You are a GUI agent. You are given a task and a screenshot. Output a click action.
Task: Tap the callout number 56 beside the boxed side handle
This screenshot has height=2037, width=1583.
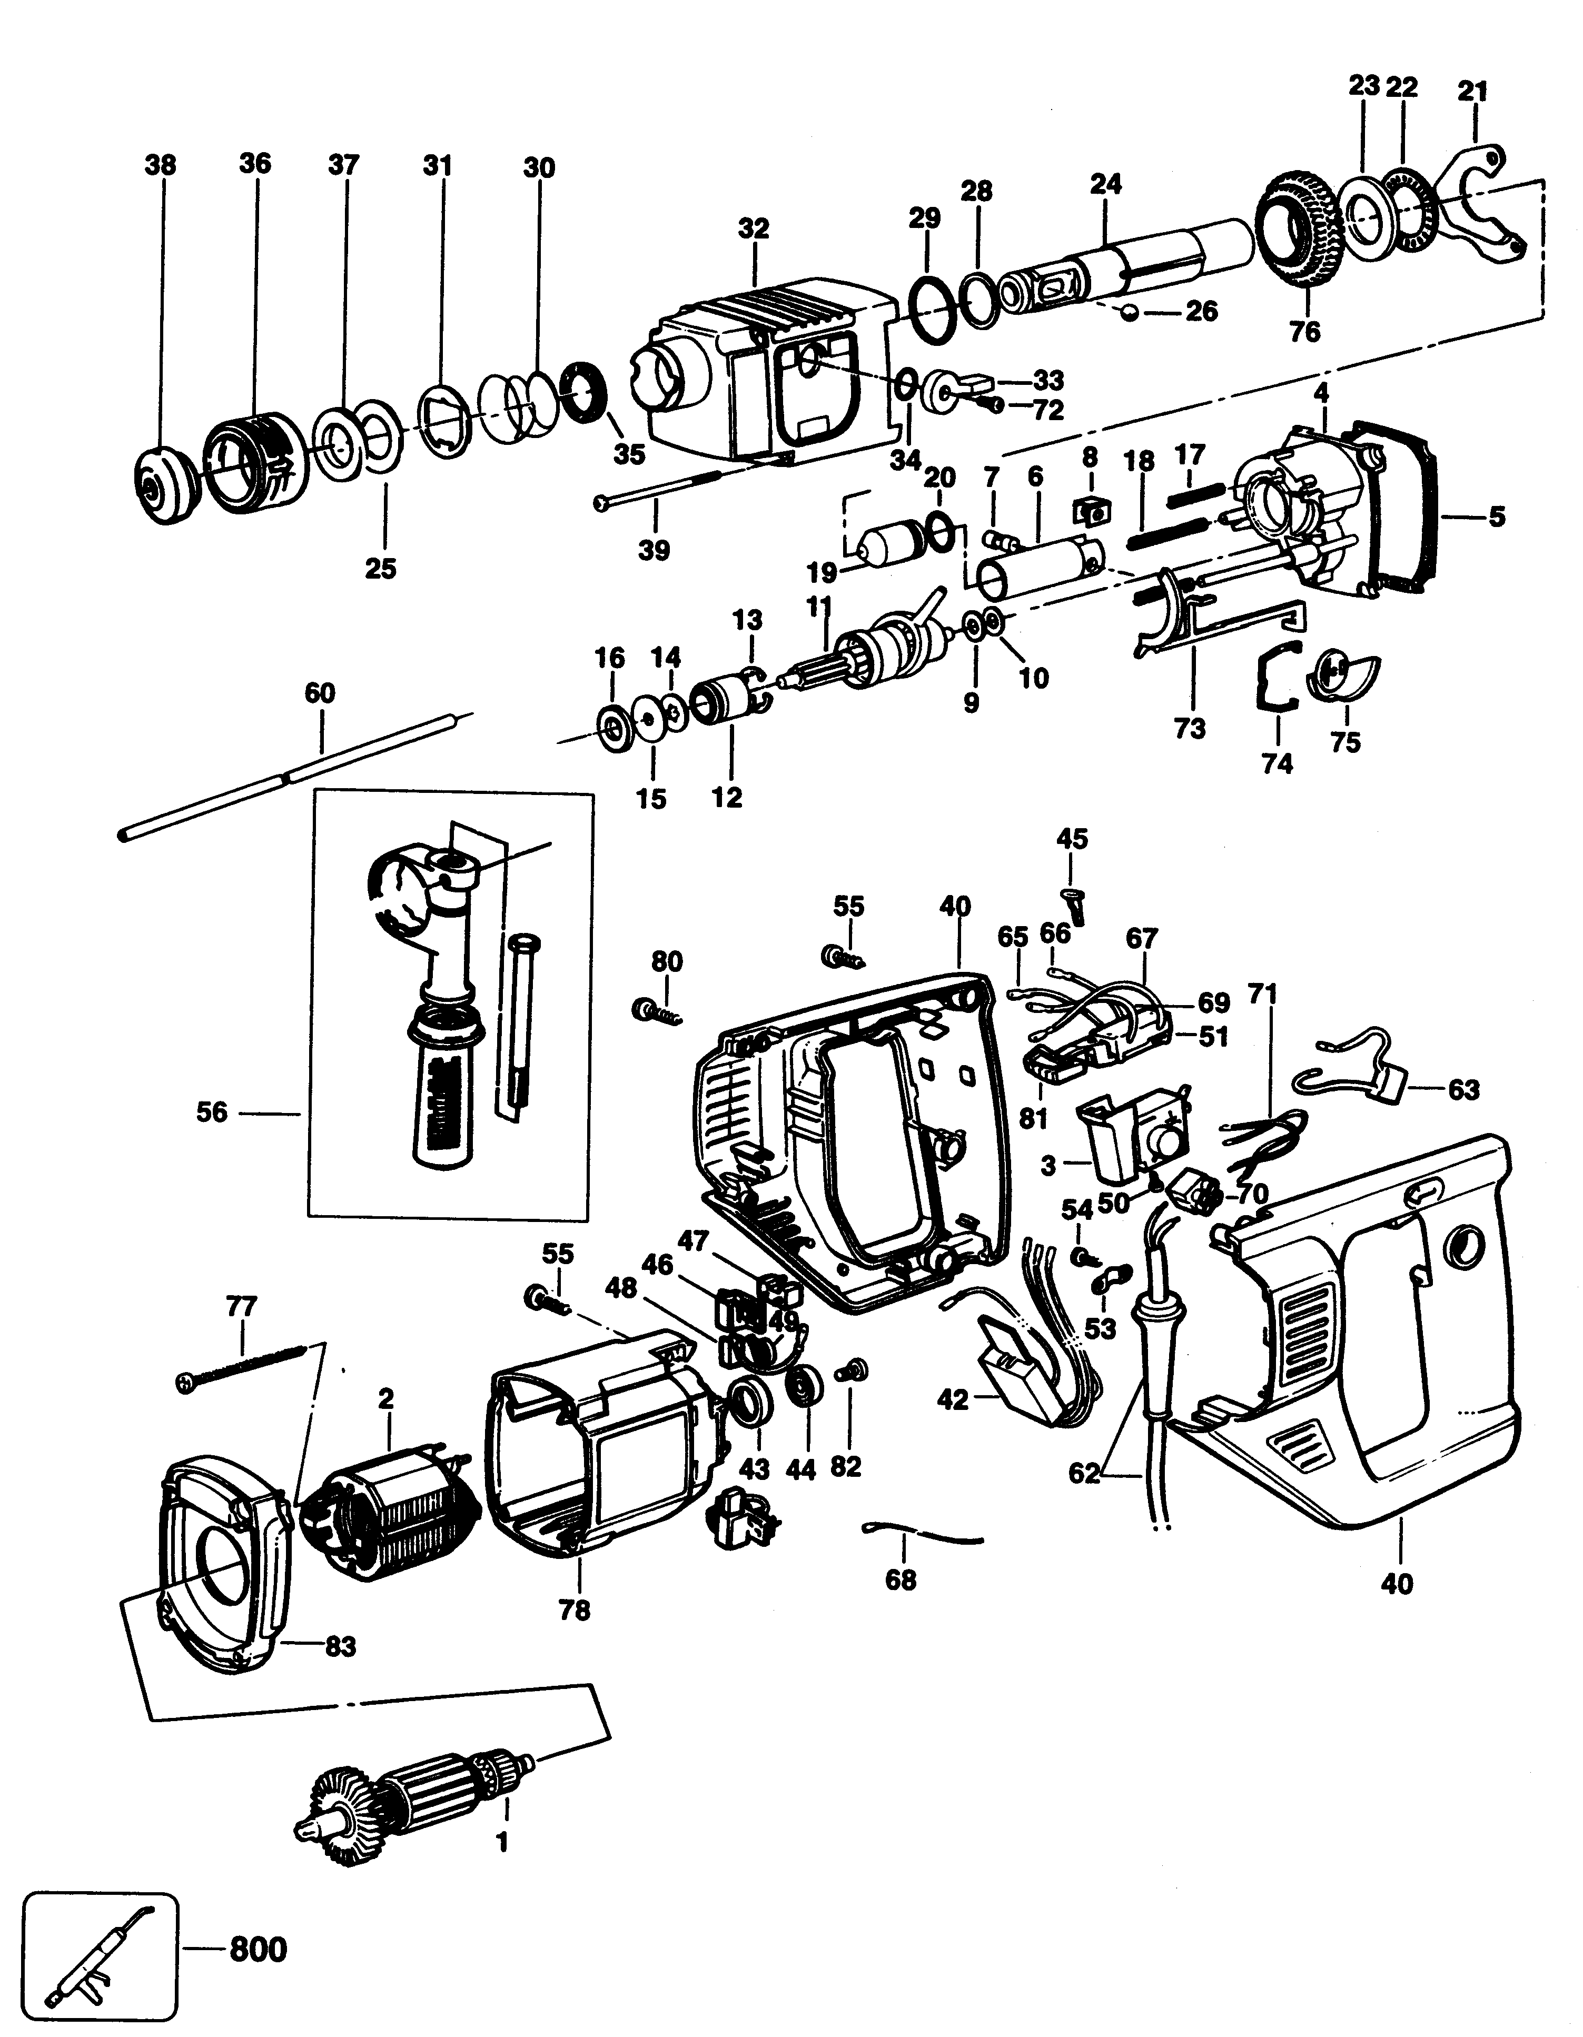pos(212,1112)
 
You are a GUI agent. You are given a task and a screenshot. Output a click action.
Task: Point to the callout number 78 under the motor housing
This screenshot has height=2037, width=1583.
pos(576,1611)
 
